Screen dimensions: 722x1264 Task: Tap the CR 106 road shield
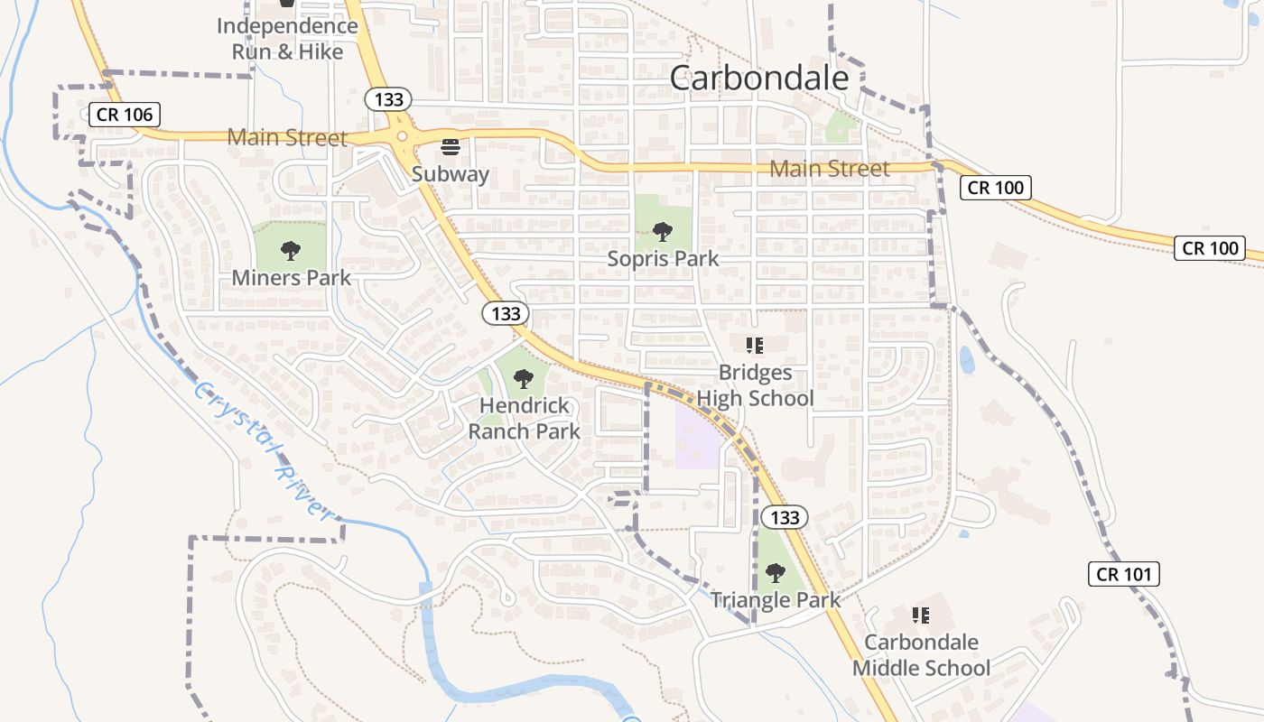(125, 115)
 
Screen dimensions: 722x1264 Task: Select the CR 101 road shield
(1122, 573)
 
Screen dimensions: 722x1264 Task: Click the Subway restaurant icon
(450, 146)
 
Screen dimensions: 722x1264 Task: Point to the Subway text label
(451, 173)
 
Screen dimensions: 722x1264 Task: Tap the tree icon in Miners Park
(290, 250)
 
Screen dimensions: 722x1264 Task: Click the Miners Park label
(291, 277)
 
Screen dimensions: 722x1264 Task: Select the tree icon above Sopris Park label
(662, 232)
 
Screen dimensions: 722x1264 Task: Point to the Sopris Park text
(663, 258)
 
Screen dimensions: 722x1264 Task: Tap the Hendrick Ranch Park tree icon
(523, 379)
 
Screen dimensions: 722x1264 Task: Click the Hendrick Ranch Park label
(524, 418)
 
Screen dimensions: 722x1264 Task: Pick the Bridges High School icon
(755, 345)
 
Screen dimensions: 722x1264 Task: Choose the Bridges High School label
(755, 385)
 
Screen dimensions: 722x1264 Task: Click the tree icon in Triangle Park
(775, 572)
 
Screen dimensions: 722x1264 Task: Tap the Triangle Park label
(775, 599)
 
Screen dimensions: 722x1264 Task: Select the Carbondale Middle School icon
(920, 616)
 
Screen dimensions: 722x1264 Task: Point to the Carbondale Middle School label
(921, 655)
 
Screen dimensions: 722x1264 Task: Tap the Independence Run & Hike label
(287, 39)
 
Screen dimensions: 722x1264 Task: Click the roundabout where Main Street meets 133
(402, 137)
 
